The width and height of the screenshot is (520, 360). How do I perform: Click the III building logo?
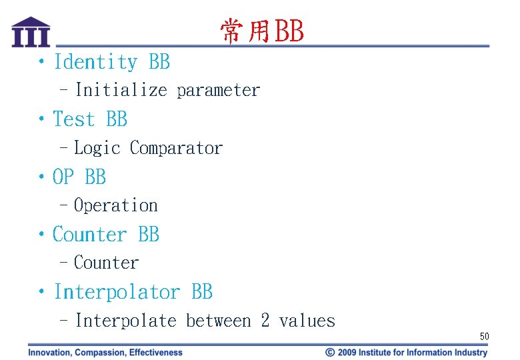(31, 32)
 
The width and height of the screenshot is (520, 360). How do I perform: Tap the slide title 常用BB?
(261, 31)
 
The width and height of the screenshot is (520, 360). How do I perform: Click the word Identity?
(96, 62)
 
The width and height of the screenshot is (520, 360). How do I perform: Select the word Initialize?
(121, 90)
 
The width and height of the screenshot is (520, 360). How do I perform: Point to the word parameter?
(219, 90)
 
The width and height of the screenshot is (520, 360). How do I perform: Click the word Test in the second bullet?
(74, 119)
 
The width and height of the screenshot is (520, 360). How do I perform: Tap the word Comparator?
(177, 148)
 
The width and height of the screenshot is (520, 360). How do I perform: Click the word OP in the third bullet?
(64, 177)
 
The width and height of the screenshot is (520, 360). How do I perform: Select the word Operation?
(115, 205)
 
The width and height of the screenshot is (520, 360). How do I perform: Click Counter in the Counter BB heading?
(89, 235)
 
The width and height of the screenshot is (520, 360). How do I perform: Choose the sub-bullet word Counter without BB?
(106, 263)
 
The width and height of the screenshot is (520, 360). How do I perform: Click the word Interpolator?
(117, 292)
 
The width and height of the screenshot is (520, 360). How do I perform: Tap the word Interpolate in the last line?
(125, 321)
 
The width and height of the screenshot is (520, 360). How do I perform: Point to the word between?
(219, 321)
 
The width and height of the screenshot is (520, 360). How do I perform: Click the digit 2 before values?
(265, 321)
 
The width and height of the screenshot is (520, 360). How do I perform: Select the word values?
(307, 321)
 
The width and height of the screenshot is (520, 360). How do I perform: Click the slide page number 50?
(484, 337)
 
